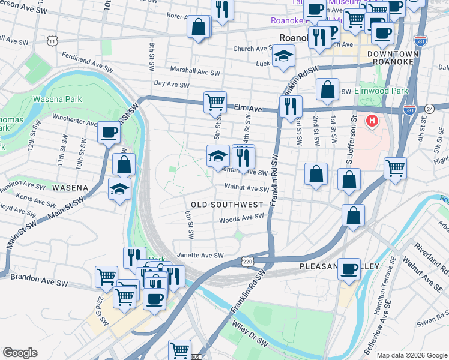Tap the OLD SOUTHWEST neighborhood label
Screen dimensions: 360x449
[227, 205]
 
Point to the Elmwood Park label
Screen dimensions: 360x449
[381, 91]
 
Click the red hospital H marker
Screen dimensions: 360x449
[372, 121]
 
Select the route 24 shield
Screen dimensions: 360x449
[429, 109]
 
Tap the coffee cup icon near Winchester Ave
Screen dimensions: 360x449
[109, 132]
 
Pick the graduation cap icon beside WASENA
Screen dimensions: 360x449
[120, 188]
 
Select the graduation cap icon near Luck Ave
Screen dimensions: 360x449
[283, 57]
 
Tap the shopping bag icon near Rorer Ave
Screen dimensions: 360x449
[199, 26]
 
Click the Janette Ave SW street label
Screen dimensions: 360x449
[198, 256]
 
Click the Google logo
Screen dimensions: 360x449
[20, 352]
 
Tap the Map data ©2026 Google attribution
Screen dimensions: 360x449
[411, 355]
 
